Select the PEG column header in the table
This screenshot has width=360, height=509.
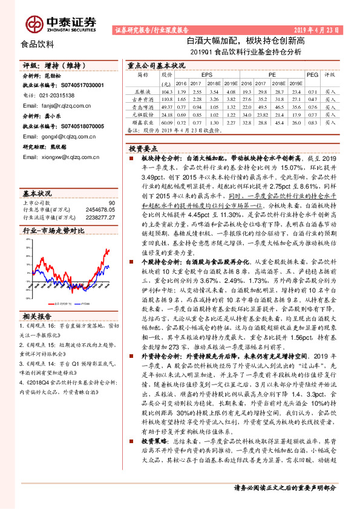(312, 74)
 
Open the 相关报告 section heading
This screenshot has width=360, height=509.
(38, 316)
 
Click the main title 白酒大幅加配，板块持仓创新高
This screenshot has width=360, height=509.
(245, 41)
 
